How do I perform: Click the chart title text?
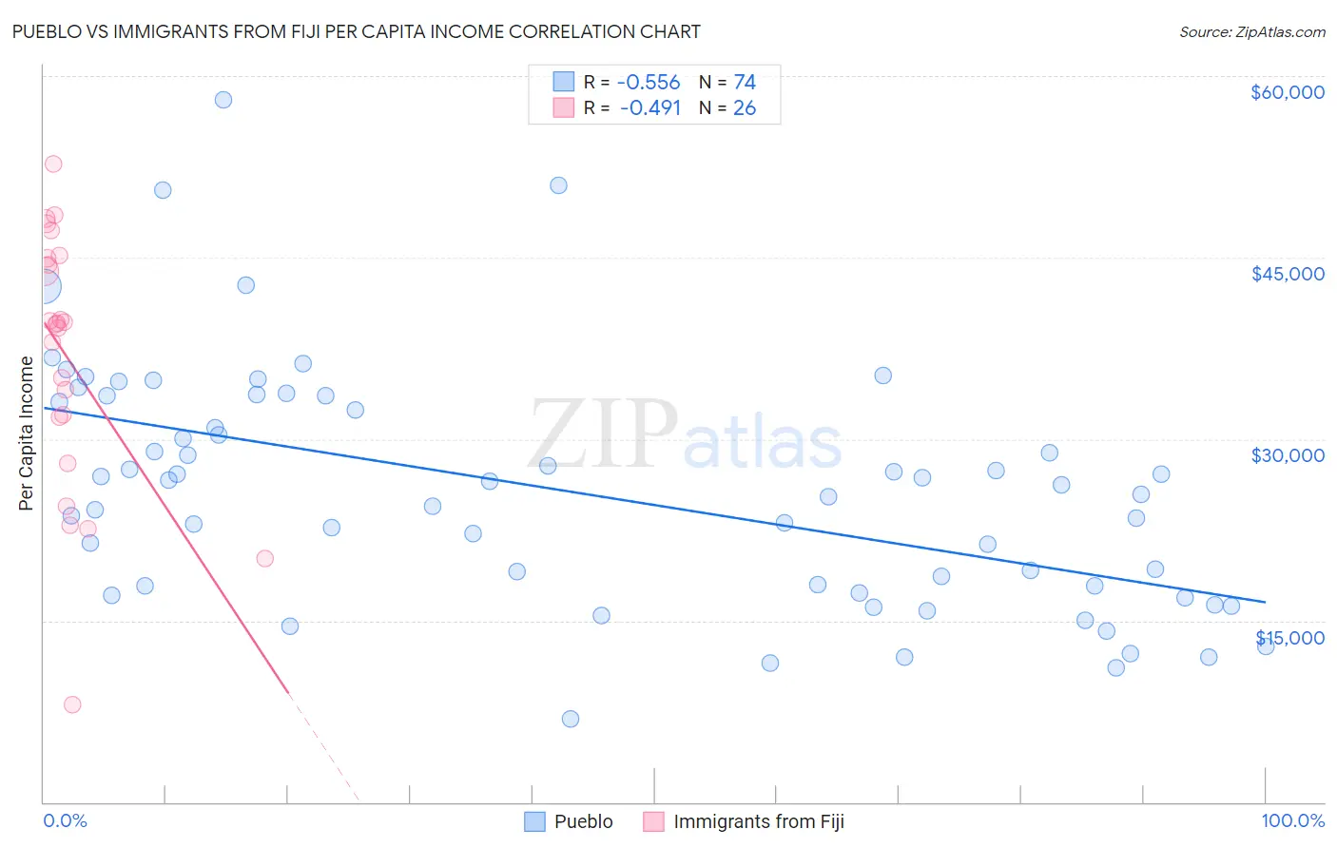click(356, 31)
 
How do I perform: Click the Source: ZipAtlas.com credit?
click(1251, 32)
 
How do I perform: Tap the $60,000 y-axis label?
click(1287, 92)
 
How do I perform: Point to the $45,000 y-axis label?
click(1287, 274)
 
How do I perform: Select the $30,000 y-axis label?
click(1287, 455)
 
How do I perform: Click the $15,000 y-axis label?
click(1289, 637)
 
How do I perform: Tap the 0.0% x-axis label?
click(65, 820)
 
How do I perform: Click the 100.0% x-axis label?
click(1292, 820)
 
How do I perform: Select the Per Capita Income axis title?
click(27, 433)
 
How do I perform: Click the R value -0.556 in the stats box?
click(649, 83)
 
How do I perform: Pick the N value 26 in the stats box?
click(745, 108)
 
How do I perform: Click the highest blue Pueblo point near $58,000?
click(223, 100)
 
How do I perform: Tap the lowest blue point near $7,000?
click(571, 719)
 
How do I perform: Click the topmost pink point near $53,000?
click(53, 164)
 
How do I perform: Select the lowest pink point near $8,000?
click(72, 704)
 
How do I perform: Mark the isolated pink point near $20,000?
click(265, 558)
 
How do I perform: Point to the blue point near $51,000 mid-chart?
click(558, 185)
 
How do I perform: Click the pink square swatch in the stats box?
click(564, 107)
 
